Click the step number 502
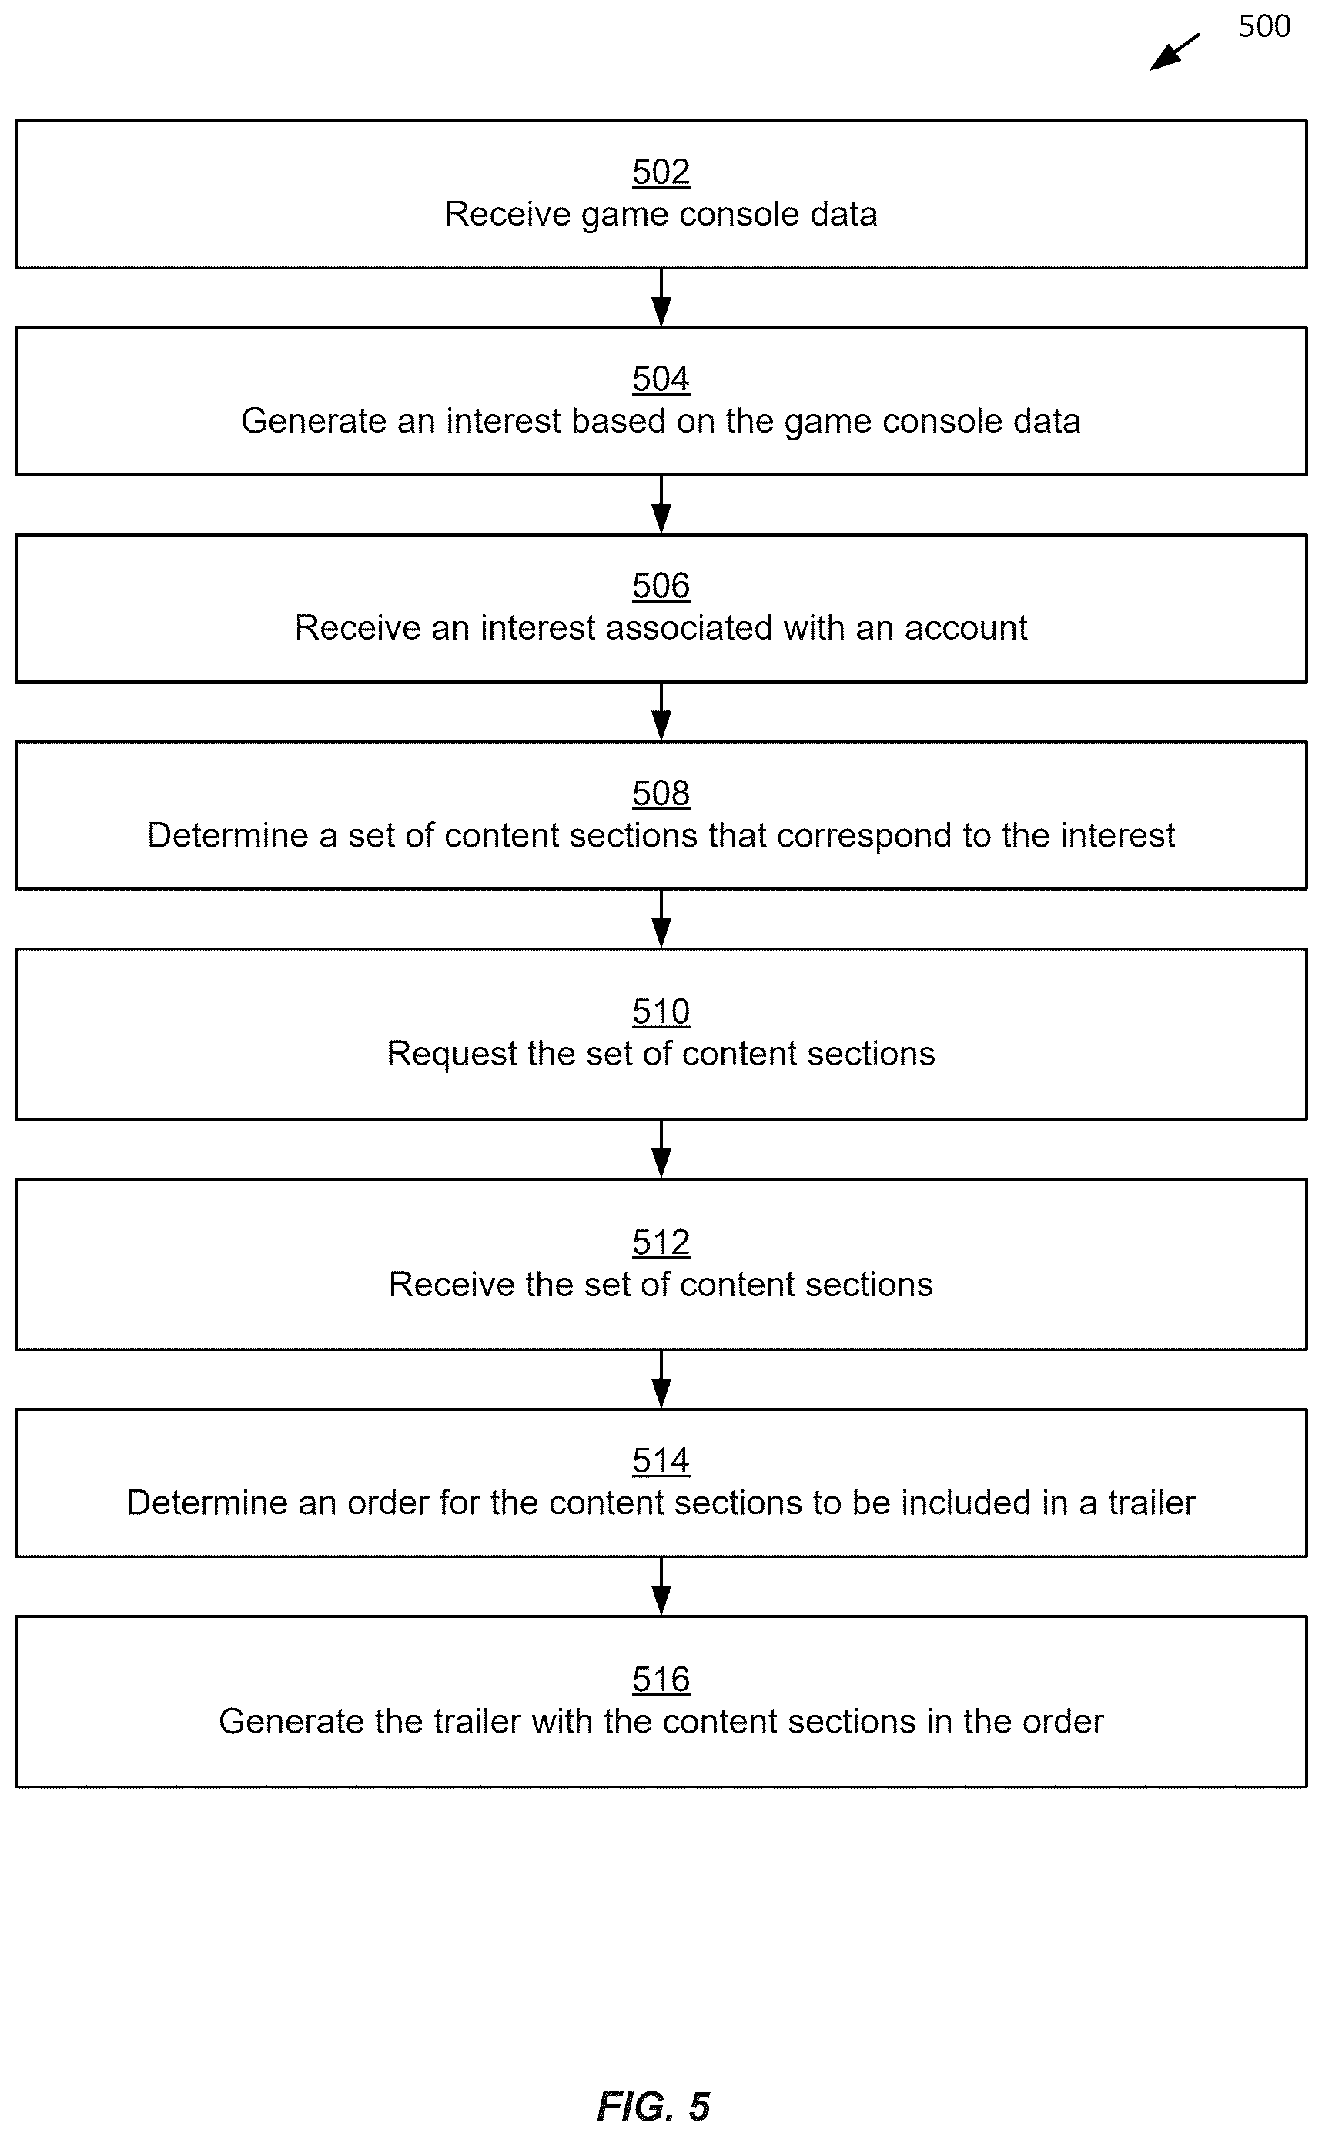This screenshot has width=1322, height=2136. pos(661,172)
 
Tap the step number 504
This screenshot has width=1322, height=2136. pos(661,379)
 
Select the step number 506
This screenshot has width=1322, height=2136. pos(661,586)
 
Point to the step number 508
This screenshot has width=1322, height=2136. pos(661,794)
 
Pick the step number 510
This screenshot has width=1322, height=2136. pos(661,1012)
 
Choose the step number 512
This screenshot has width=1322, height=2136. pos(661,1243)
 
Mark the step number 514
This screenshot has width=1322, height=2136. pos(661,1461)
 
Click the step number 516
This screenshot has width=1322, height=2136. pos(661,1680)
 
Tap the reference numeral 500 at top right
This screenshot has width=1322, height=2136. pos(1264,26)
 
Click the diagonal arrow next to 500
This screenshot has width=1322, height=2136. pos(1174,52)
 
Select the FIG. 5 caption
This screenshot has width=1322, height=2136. pos(653,2108)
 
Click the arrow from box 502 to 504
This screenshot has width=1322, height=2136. pos(662,298)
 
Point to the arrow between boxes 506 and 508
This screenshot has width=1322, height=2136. pos(662,712)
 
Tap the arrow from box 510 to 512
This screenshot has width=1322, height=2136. pos(662,1149)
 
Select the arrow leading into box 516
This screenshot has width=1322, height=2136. pos(662,1586)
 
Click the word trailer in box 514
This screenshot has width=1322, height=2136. pos(1152,1503)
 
